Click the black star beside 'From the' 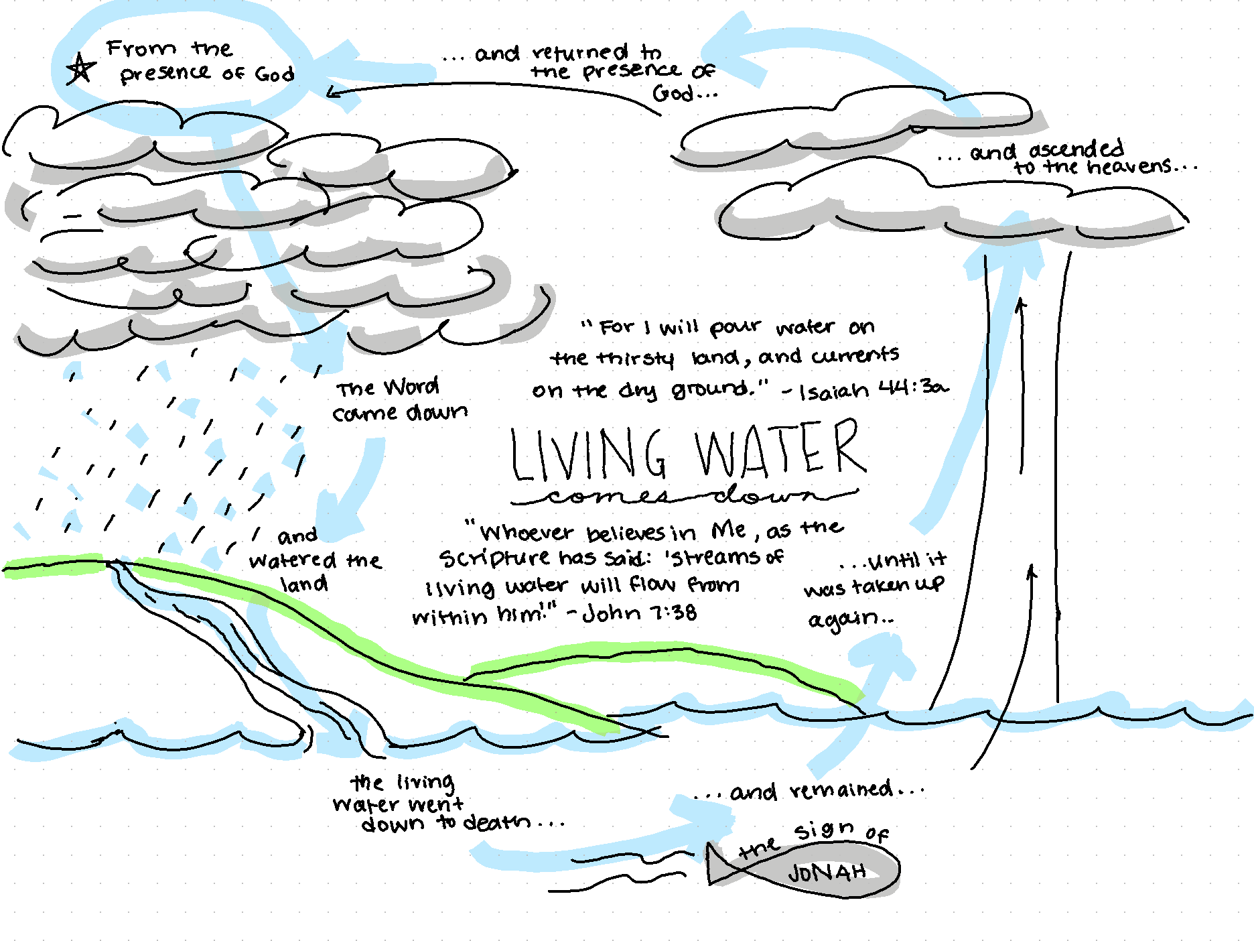point(80,68)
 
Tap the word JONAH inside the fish point(827,873)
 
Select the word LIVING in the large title point(588,454)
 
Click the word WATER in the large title point(780,449)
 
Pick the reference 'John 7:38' point(639,613)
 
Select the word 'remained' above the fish point(841,790)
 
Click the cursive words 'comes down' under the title point(683,497)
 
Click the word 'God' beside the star point(274,74)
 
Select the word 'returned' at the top point(580,52)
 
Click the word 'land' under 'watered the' point(304,584)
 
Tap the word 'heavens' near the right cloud point(1129,166)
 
